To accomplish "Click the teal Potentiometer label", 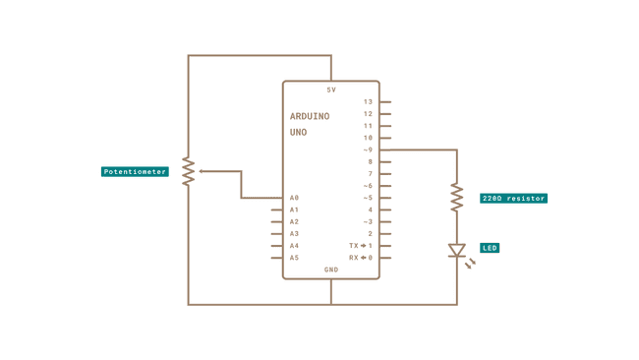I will tap(136, 172).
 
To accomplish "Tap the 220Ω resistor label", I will tap(513, 199).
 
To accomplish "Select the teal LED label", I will tap(490, 248).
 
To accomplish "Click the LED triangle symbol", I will tap(456, 251).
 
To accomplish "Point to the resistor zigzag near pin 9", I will tap(456, 198).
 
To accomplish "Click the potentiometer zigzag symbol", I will tap(189, 170).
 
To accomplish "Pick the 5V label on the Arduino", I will tap(331, 90).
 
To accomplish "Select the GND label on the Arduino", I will tap(331, 270).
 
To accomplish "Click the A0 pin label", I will tap(294, 198).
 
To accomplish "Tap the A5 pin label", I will tap(294, 258).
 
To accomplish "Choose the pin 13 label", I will tap(368, 101).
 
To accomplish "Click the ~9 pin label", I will tap(368, 150).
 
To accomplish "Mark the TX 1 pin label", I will tap(361, 246).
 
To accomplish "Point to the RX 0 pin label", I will tap(361, 258).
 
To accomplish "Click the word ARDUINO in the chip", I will tap(310, 116).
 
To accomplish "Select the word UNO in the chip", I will tap(299, 132).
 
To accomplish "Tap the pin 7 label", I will tap(370, 173).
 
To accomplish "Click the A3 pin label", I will tap(294, 234).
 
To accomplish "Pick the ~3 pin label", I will tap(368, 221).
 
